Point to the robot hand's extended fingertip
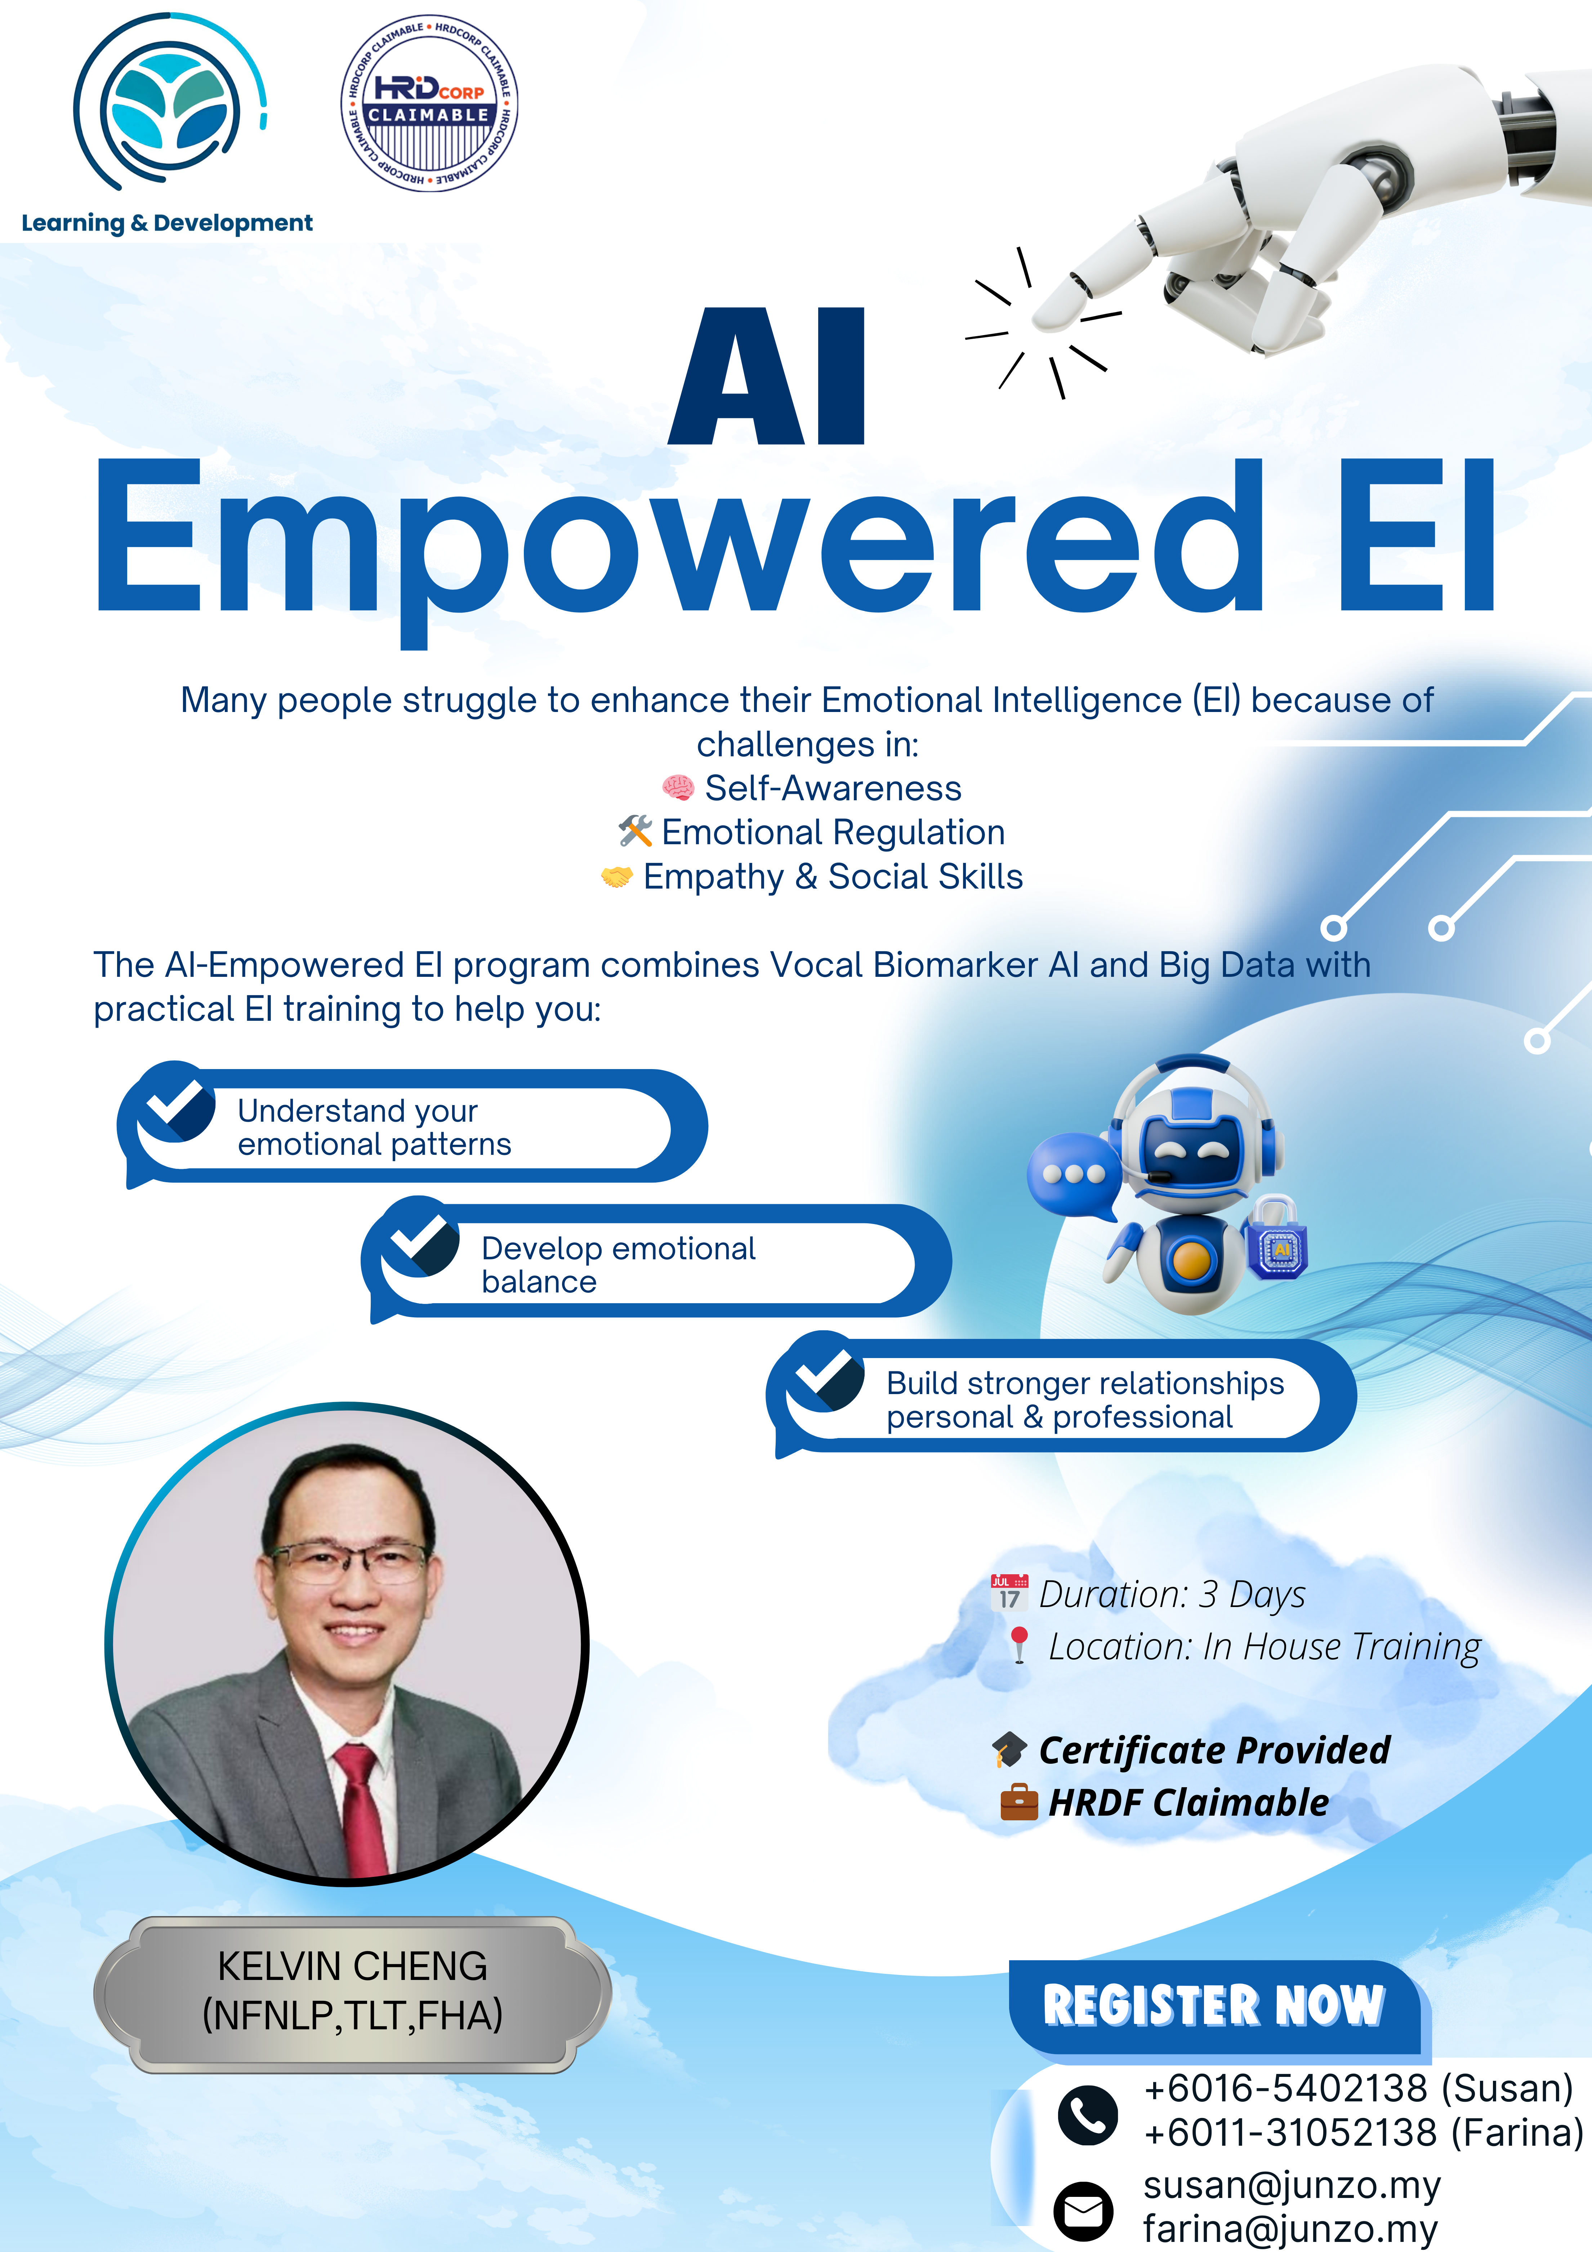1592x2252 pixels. click(1049, 314)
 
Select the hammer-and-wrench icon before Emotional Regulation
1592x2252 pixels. click(635, 832)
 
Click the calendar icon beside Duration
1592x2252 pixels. click(1009, 1592)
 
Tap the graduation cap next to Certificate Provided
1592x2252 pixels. click(1009, 1750)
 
